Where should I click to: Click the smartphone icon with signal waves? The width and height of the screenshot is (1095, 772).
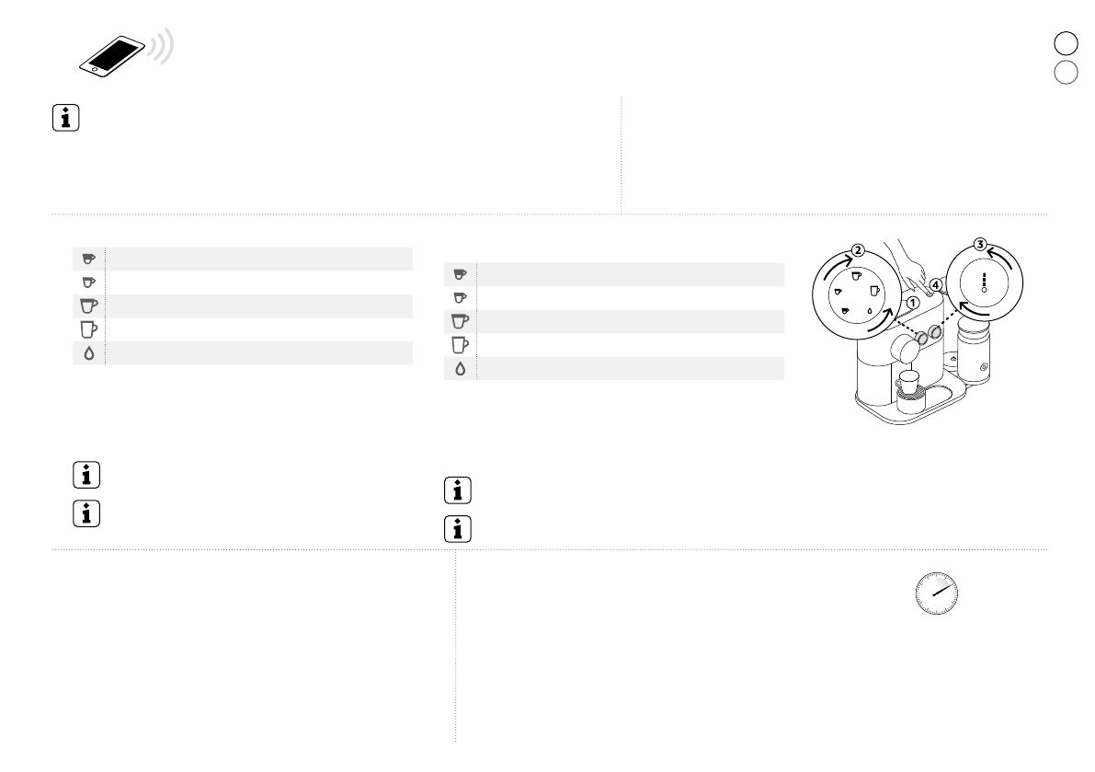click(126, 53)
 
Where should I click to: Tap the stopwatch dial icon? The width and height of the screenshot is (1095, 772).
click(937, 593)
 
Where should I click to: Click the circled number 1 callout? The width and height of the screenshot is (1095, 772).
click(912, 304)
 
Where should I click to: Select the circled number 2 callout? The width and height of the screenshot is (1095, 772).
click(859, 251)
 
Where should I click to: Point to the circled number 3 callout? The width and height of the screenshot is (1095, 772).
click(980, 245)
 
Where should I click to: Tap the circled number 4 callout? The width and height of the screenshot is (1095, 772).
click(936, 285)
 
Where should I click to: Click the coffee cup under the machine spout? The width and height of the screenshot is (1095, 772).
click(907, 382)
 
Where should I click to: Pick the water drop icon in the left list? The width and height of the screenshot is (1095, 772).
click(88, 353)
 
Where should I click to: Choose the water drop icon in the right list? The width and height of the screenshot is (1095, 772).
click(461, 369)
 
